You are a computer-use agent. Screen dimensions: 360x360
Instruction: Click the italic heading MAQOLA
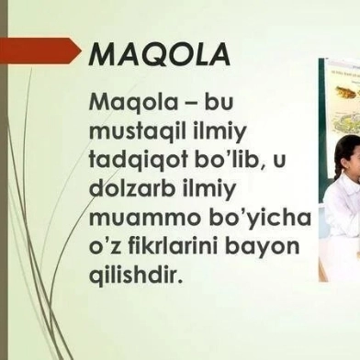coord(160,54)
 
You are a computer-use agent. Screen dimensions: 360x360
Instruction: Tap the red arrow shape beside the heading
coord(41,51)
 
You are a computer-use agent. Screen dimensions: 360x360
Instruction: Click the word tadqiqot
coord(134,160)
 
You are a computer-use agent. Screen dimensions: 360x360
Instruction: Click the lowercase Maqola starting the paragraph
coord(133,103)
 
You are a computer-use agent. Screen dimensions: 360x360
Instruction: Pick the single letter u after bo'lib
coord(279,162)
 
